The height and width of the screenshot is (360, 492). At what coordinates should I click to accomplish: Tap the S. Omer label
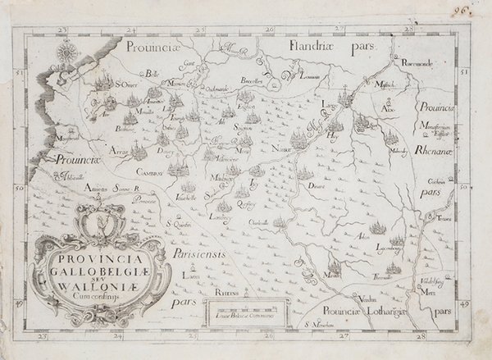click(x=124, y=83)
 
